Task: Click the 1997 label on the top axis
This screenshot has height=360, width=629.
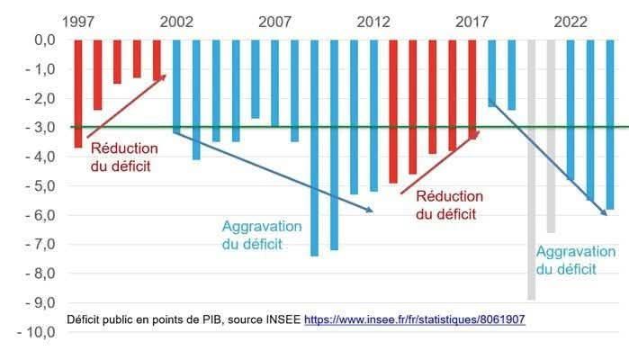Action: (x=78, y=21)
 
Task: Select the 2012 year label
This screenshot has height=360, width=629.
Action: (x=373, y=21)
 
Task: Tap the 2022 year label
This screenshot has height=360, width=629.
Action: (x=571, y=21)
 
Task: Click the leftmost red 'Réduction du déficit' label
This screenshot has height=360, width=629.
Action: (x=124, y=157)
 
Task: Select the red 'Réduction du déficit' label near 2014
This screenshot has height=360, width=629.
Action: (x=448, y=205)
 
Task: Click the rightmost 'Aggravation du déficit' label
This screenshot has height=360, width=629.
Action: (x=566, y=260)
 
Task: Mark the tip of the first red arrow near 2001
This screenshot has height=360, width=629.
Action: (x=166, y=76)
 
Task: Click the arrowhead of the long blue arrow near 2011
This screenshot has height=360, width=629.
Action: (x=373, y=211)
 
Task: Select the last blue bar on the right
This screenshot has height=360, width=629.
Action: (x=609, y=125)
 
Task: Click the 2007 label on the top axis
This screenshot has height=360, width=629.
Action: (x=274, y=21)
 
